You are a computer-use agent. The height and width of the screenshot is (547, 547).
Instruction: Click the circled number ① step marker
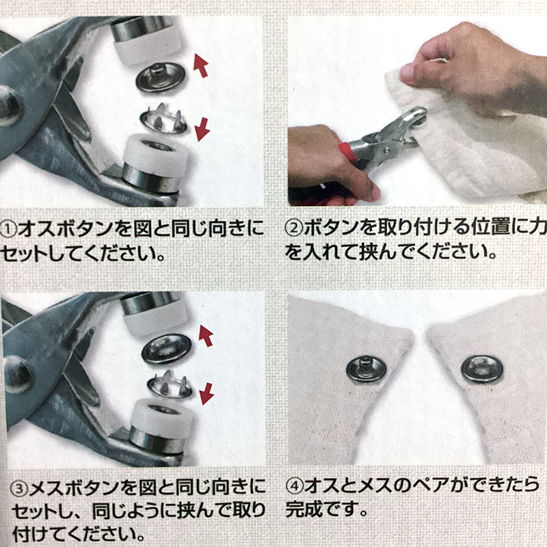pos(8,230)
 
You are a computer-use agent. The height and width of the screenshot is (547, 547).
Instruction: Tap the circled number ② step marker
pos(294,228)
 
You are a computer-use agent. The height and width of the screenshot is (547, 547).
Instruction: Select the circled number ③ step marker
pos(19,488)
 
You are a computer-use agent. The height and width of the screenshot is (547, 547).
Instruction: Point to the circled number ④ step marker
pos(295,486)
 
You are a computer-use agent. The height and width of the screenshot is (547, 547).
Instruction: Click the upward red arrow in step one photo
pos(201,65)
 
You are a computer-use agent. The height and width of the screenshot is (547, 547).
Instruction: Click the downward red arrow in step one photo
pos(202,129)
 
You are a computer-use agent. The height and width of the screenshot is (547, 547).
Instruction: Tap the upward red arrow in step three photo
pos(206,336)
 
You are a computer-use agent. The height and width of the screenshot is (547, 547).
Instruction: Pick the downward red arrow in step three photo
pos(206,394)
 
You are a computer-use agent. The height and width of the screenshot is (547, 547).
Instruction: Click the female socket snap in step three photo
pos(167,349)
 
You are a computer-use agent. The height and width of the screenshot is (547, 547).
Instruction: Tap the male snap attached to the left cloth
pos(366,369)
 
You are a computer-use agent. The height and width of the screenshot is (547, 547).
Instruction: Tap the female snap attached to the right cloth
pos(482,369)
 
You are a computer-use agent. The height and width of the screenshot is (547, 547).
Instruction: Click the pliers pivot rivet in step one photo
pos(10,106)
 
